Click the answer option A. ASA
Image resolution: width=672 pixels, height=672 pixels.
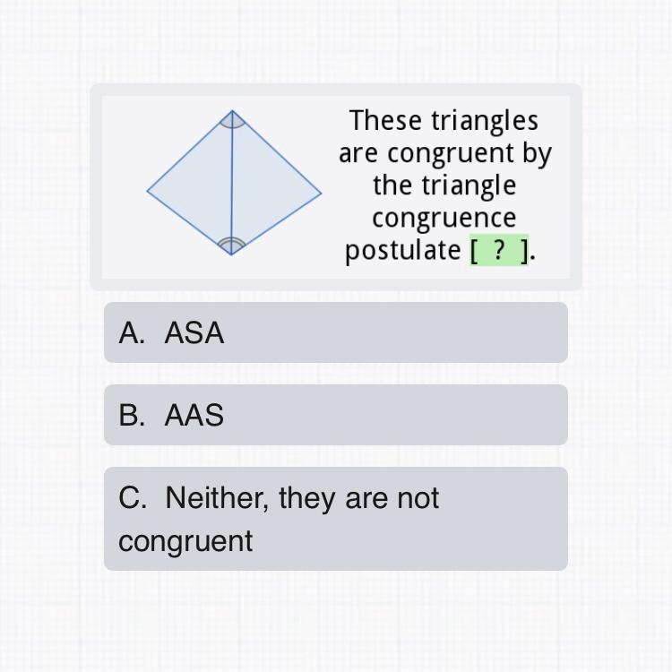[x=336, y=332]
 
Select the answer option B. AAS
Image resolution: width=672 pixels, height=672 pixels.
[x=336, y=415]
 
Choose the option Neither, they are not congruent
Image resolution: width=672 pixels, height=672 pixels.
[x=336, y=519]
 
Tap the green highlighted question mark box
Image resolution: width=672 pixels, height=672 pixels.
[x=499, y=250]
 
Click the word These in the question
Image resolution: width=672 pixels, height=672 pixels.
[x=386, y=120]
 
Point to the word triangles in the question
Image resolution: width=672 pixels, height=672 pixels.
[x=485, y=122]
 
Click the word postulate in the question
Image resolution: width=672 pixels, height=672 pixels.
[x=403, y=251]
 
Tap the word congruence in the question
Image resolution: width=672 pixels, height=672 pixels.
[x=444, y=219]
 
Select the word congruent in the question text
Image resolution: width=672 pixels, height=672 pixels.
[x=451, y=154]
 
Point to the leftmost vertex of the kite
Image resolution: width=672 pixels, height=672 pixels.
[x=148, y=191]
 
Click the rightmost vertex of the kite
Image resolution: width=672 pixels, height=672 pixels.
[x=322, y=194]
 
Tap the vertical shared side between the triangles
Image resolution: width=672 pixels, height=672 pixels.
[x=232, y=183]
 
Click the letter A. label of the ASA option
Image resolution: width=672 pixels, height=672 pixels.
[x=132, y=332]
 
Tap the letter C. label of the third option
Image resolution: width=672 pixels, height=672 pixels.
[x=133, y=498]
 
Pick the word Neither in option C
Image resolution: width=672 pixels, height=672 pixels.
[x=217, y=498]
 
